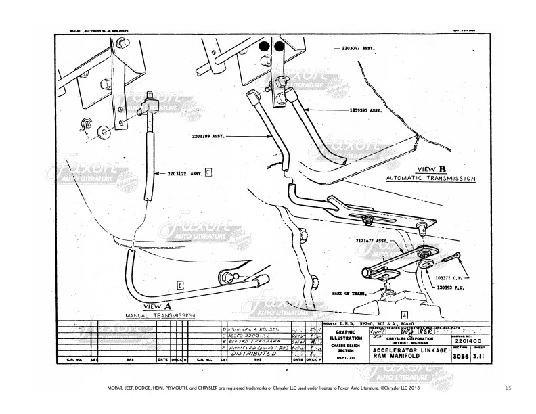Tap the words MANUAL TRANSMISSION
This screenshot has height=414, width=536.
160,316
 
